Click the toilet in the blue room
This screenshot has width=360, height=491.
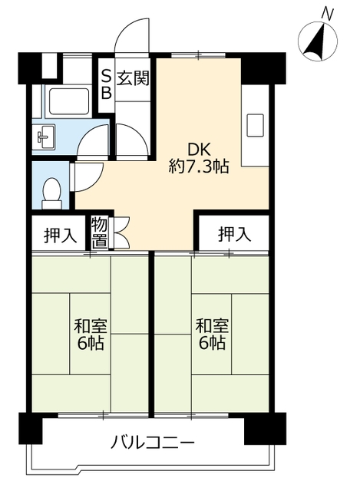tap(51, 193)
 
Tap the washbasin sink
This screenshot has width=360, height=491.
tap(45, 137)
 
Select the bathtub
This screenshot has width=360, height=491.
tap(68, 102)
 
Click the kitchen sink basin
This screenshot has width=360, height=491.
tap(255, 125)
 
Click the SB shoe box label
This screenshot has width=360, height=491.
tap(107, 84)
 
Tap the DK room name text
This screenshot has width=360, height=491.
tap(199, 150)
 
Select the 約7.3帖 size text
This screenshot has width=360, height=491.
tap(199, 166)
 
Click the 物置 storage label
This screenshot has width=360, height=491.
tap(100, 233)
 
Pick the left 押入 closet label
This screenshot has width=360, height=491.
tap(60, 235)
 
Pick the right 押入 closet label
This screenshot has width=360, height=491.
tap(234, 234)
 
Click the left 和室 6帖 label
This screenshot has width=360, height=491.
tap(91, 334)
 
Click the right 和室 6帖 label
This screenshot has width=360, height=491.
tap(212, 334)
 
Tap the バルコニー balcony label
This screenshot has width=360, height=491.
tap(154, 443)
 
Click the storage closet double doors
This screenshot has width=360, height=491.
tap(121, 233)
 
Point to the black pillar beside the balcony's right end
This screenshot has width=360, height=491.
tap(265, 428)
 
